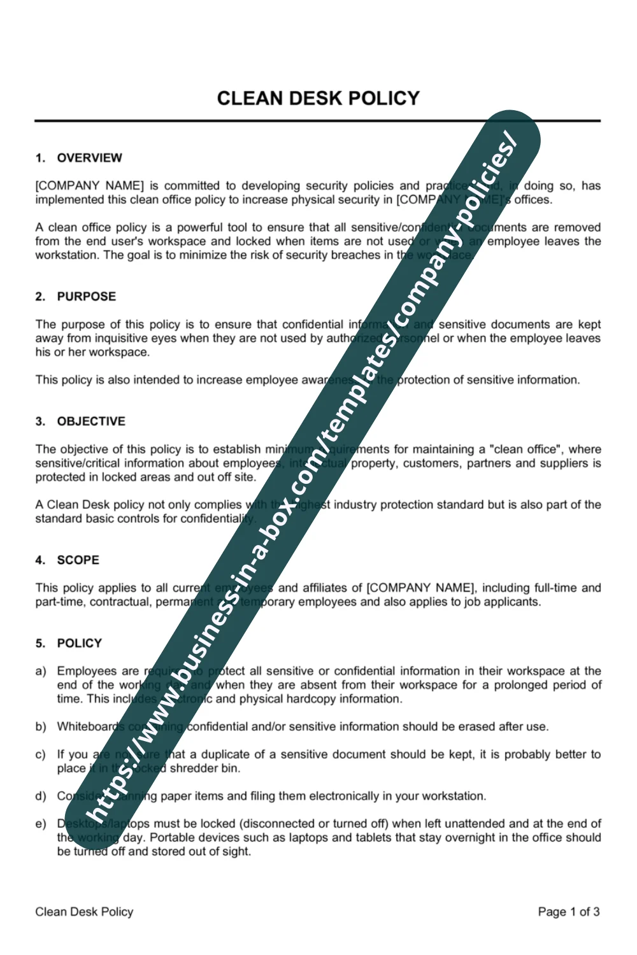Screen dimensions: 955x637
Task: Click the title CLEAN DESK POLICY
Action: click(318, 99)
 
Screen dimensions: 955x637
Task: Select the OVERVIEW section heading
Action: click(89, 158)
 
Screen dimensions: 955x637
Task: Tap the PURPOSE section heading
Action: click(86, 297)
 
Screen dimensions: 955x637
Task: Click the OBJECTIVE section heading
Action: click(91, 421)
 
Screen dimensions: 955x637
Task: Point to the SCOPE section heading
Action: click(78, 560)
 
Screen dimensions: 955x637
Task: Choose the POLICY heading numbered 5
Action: click(79, 644)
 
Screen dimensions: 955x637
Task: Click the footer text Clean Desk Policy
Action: click(84, 912)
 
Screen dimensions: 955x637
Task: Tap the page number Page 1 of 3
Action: click(568, 912)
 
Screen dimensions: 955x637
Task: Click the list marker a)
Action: click(41, 672)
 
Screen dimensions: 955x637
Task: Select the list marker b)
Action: click(41, 727)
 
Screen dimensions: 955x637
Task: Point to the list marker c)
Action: click(41, 755)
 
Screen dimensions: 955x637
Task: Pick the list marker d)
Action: click(41, 796)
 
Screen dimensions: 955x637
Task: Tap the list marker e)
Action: click(41, 824)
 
